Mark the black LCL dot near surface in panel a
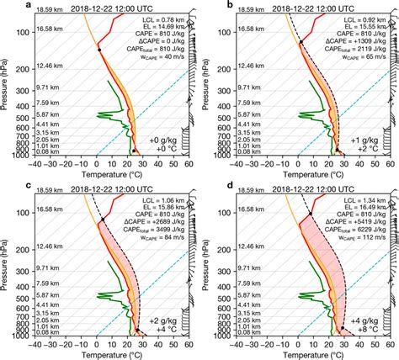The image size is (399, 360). (x=132, y=151)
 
